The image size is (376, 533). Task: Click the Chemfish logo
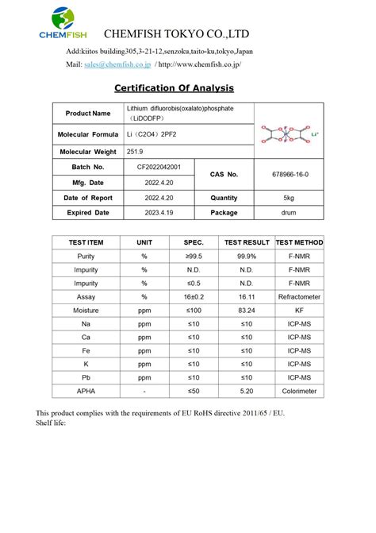pos(63,23)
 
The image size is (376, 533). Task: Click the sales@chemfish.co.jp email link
pos(118,64)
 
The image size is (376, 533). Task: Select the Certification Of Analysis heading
pos(174,88)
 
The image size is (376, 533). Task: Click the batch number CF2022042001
pos(164,167)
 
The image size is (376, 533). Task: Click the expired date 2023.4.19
pos(164,212)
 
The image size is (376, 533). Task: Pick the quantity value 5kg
pos(289,197)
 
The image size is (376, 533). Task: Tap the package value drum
pos(289,212)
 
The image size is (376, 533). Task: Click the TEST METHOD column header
pos(299,242)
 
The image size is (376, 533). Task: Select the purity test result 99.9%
pos(246,256)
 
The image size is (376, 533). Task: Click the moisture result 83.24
pos(246,310)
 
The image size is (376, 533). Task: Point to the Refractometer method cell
pos(299,296)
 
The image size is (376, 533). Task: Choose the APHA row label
pos(86,391)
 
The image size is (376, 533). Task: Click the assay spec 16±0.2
pos(194,296)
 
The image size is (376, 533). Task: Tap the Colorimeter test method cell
pos(299,391)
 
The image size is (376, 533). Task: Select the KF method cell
pos(299,310)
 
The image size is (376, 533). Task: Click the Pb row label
pos(86,377)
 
